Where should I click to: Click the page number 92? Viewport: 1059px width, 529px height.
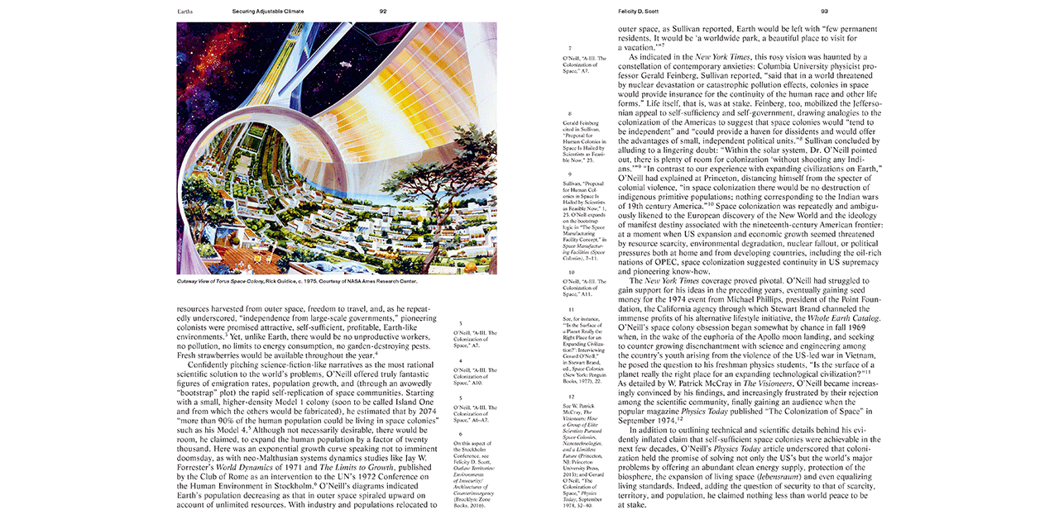tap(383, 12)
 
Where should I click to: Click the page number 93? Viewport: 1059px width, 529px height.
tap(824, 12)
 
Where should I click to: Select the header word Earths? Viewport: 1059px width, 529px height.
tap(187, 12)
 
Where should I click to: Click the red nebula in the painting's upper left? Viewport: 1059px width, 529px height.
tap(199, 50)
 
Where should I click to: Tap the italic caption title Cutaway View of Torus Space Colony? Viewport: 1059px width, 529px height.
tap(219, 281)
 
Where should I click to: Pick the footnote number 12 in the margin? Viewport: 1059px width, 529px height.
tap(570, 398)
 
